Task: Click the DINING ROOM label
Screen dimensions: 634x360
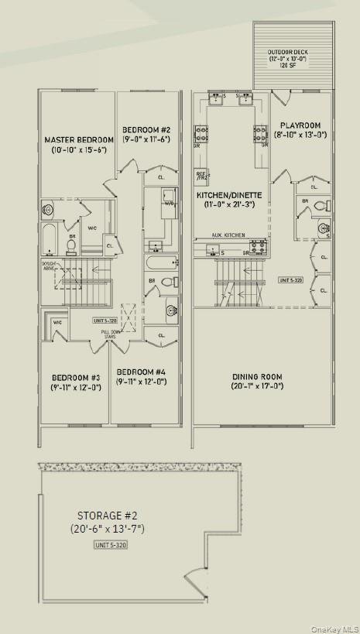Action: coord(257,377)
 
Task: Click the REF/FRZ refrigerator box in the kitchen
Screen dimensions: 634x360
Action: coord(201,175)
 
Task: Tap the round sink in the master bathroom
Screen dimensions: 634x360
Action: coord(48,208)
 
